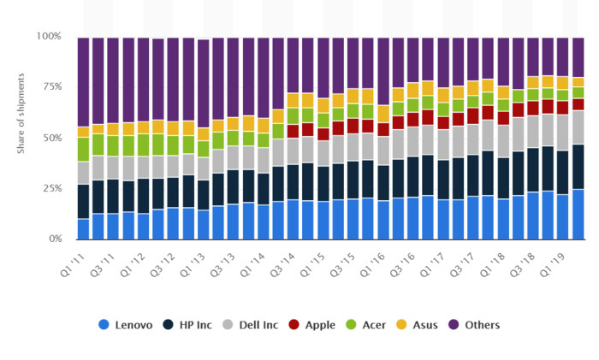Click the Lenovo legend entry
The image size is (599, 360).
pos(128,325)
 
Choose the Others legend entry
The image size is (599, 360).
pos(476,325)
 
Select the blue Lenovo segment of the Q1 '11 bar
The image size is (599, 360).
pos(83,228)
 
